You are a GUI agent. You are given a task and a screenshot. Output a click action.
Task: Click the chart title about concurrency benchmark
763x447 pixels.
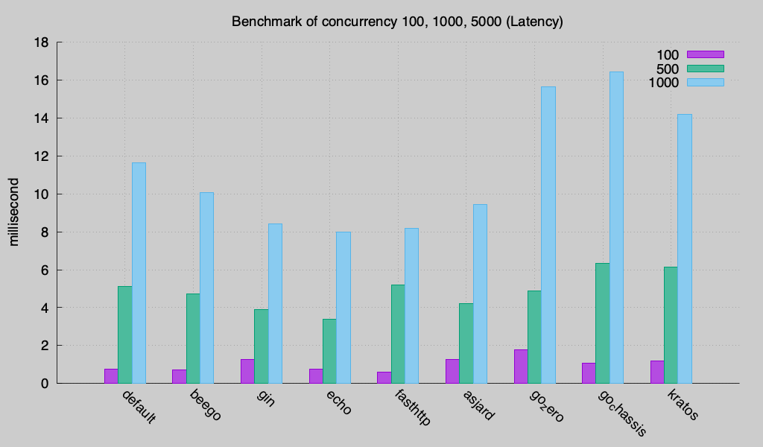[397, 22]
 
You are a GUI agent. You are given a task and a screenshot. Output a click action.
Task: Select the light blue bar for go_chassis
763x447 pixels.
[616, 227]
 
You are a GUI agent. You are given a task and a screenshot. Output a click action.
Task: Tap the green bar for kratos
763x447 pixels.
[671, 325]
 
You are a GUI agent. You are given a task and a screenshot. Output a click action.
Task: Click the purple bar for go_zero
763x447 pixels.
[521, 367]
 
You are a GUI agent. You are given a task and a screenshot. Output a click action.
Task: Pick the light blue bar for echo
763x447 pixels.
[343, 308]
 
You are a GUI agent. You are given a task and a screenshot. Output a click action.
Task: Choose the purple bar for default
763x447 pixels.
[111, 376]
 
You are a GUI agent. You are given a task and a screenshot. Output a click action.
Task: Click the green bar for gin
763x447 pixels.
[262, 346]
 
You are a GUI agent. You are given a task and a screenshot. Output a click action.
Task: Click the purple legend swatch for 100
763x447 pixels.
[705, 54]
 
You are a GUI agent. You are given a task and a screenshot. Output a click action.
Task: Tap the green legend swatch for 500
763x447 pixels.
[705, 69]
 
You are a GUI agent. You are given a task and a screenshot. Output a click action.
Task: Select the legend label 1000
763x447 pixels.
[663, 83]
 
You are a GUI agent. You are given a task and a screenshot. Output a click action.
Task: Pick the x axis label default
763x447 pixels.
[139, 406]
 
